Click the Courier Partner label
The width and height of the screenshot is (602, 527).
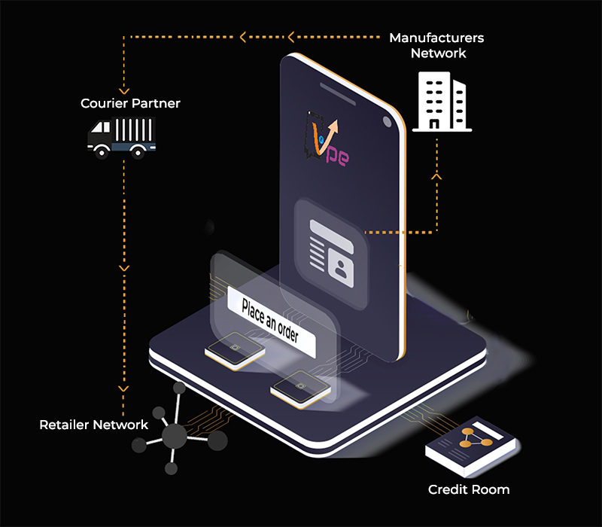130,103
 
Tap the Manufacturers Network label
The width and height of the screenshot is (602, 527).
436,45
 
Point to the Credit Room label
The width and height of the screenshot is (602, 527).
469,489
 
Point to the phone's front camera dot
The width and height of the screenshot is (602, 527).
385,120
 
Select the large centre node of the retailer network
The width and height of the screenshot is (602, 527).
174,434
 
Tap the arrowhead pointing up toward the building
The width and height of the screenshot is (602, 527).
436,177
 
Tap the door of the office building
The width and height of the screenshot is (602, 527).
434,121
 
